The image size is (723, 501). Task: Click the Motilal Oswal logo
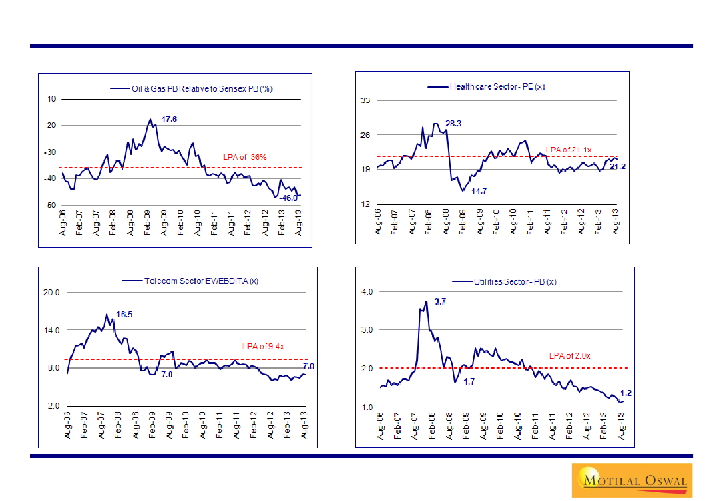[x=632, y=480]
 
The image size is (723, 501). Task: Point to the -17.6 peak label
[x=167, y=119]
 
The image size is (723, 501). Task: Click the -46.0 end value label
[x=289, y=198]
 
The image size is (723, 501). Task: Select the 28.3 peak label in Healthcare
[x=454, y=124]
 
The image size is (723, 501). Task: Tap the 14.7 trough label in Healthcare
[x=479, y=192]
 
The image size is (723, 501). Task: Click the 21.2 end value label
[x=618, y=166]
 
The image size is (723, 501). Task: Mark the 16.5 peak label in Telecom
[x=125, y=315]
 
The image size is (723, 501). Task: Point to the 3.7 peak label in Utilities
[x=440, y=302]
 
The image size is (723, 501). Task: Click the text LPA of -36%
[x=245, y=158]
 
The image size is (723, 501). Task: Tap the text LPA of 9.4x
[x=263, y=347]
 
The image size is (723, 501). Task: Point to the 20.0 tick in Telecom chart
[x=51, y=293]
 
